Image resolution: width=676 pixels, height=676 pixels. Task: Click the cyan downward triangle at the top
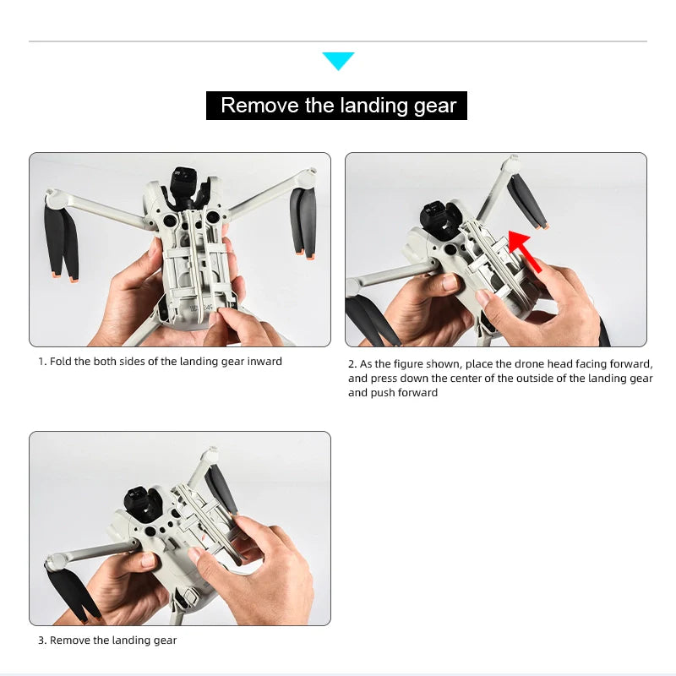coord(338,60)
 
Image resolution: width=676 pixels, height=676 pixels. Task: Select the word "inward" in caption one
coord(264,362)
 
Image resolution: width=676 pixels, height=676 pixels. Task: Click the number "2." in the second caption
coord(353,364)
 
